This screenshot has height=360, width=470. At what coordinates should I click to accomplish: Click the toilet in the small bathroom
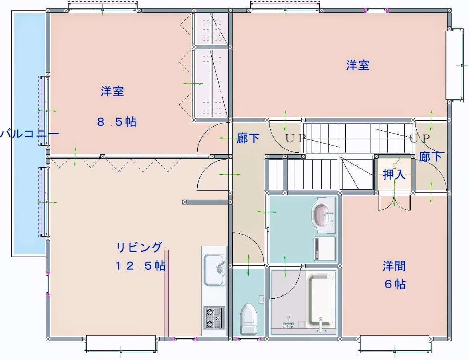pos(249,319)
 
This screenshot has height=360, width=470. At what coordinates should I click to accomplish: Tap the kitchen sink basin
pos(215,270)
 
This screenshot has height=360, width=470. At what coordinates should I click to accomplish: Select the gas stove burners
pos(214,318)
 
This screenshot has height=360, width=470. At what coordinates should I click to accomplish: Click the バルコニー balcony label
pos(29,133)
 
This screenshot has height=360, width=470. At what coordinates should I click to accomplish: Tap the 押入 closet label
pos(394,174)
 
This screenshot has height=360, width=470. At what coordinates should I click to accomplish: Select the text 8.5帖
pos(117,122)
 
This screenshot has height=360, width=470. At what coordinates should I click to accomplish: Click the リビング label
pos(140,248)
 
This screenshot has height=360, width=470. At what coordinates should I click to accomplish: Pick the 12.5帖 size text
pos(140,265)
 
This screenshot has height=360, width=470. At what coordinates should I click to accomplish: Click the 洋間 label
pos(394,266)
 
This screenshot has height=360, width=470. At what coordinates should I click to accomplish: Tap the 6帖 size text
pos(395,283)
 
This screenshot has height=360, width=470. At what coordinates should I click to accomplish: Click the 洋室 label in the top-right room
pos(358,65)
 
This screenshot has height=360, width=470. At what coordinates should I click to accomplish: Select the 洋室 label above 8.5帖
pos(112,91)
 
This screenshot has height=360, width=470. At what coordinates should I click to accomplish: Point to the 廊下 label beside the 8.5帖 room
pos(248,138)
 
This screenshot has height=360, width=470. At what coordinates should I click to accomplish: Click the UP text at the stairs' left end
pos(296,138)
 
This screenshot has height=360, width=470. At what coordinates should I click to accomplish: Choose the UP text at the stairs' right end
pos(420,138)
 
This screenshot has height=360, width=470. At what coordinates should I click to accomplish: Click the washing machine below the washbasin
pos(324,249)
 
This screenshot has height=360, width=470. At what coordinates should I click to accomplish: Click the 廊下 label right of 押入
pos(430,156)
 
